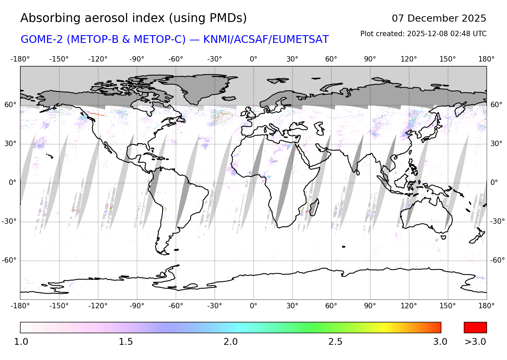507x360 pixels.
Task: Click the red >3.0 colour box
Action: tap(475, 328)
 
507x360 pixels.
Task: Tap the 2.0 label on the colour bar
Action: tap(231, 342)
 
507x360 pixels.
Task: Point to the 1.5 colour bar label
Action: tap(126, 342)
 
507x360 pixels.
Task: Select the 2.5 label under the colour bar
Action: tap(335, 342)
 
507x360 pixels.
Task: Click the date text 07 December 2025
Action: tap(439, 18)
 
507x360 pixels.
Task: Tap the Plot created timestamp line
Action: tap(423, 34)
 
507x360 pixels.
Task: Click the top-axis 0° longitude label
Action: tap(254, 59)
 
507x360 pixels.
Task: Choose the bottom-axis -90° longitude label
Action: tap(137, 306)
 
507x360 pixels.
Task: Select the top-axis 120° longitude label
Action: tap(409, 59)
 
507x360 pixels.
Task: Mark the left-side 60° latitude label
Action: tap(10, 105)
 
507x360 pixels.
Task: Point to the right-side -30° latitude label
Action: tap(498, 221)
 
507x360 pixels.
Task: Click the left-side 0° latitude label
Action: tap(12, 183)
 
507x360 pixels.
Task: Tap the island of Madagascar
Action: tap(314, 207)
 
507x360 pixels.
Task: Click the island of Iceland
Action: tap(229, 98)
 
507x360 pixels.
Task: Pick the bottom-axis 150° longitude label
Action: tap(448, 306)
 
